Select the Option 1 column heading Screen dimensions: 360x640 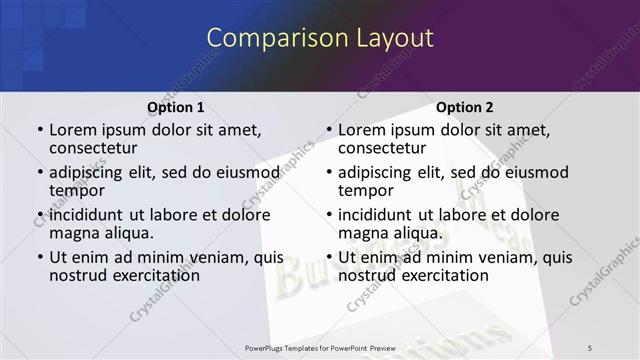176,107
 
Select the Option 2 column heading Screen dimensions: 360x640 465,107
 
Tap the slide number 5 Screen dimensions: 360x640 590,347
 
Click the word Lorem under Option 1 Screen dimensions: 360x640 73,130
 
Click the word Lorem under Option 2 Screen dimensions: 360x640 362,130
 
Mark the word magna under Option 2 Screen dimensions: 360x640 363,233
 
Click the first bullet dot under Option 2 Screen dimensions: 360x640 327,131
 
